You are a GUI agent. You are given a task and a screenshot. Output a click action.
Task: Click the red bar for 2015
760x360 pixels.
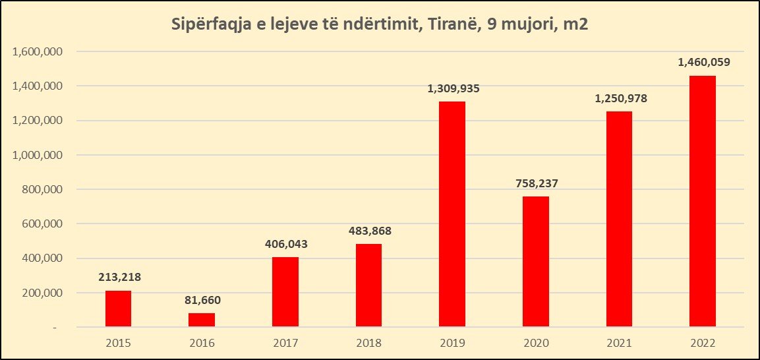coord(118,309)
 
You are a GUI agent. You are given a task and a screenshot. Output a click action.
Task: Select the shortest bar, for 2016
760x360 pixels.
coord(202,320)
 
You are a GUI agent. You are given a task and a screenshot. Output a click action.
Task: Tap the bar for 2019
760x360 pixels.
coord(452,214)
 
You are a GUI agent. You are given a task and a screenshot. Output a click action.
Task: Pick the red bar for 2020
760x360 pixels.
coord(535,261)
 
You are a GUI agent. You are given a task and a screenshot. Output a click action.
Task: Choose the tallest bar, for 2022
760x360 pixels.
coord(703,201)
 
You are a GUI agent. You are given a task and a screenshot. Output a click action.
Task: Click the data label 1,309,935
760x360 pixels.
coord(452,88)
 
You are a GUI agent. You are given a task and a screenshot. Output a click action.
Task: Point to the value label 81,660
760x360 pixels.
coord(202,300)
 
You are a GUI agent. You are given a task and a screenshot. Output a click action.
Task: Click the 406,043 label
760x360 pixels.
coord(285,244)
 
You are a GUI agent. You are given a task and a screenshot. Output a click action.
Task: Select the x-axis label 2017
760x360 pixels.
coord(285,344)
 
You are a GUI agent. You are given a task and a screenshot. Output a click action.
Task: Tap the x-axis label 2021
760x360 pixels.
coord(619,344)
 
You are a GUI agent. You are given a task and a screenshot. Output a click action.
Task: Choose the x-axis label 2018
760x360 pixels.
coord(368,344)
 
